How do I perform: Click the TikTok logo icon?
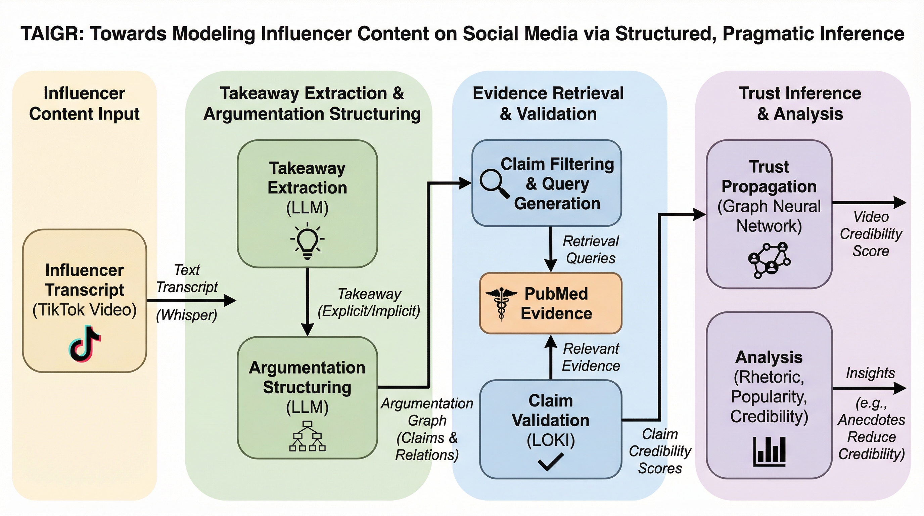pos(85,344)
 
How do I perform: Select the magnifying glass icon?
pos(494,184)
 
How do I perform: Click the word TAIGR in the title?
pos(52,34)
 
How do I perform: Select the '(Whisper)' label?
pos(187,315)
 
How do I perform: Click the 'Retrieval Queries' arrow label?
pos(590,250)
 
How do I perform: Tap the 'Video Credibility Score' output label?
pos(871,234)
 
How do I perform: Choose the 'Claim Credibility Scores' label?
pos(660,451)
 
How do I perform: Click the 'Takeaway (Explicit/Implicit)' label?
pos(369,302)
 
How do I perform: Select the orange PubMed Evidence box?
pos(551,303)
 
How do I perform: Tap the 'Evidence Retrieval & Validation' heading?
pos(548,103)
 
